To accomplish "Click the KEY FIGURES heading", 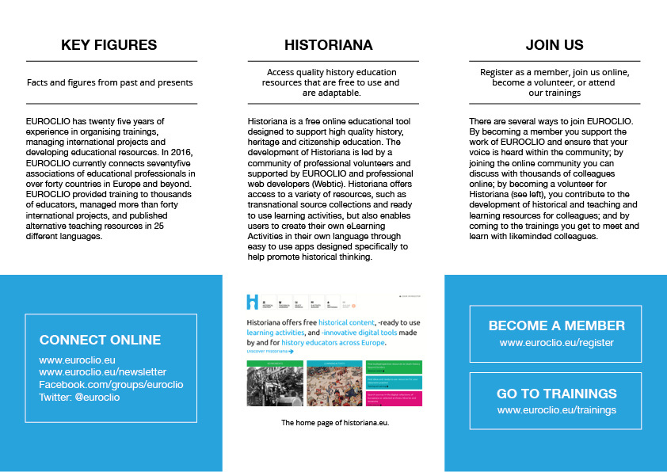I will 109,45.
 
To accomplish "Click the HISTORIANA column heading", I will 328,45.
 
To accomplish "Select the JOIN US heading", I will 555,45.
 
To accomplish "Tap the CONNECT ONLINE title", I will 100,341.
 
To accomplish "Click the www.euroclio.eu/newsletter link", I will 103,372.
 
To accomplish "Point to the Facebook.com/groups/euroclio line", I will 111,384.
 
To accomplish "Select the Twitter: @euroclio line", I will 78,397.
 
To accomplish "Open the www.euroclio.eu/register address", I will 556,344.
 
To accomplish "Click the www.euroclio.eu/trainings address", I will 556,410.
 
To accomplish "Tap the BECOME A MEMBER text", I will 556,325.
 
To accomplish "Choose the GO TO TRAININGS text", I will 556,394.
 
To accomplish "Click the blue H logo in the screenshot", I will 253,301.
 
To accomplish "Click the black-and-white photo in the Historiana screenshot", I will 274,387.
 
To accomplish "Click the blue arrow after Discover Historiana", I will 291,351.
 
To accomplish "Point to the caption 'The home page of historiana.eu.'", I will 335,423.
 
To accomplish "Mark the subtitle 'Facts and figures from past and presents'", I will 109,82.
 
